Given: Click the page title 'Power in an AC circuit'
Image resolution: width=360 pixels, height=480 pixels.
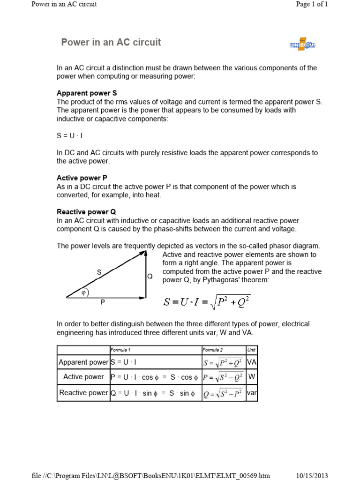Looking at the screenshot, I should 111,42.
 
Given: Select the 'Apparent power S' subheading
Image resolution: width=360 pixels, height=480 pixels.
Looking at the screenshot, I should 87,93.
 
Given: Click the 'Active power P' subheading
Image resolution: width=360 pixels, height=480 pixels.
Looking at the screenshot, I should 82,178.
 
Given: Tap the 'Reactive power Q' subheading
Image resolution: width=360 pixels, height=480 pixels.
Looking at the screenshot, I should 86,212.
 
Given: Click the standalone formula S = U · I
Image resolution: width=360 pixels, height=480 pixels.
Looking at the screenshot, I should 70,135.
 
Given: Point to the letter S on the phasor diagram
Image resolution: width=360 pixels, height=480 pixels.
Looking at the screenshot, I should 99,272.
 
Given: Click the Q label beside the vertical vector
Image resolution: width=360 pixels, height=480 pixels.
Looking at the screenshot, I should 150,277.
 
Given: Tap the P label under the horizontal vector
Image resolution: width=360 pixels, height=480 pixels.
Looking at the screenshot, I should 102,303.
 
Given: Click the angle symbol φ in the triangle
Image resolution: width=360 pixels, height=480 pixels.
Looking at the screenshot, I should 84,292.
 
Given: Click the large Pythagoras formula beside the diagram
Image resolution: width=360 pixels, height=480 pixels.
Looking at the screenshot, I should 207,301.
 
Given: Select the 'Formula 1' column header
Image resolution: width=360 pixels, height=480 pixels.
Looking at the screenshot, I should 120,350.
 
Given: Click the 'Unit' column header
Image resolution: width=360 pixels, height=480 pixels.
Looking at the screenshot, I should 251,350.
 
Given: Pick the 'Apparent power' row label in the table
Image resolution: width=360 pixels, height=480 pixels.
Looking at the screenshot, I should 83,362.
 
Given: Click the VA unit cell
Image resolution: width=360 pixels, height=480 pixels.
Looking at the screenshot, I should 252,362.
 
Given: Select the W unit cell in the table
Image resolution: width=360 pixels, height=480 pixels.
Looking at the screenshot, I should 252,377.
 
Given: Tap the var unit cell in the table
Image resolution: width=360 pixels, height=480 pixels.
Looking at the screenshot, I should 252,393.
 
